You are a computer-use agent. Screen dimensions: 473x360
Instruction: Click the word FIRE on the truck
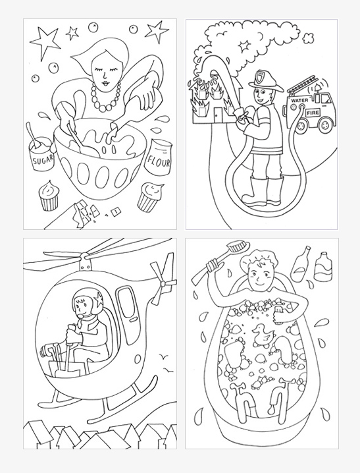pos(324,113)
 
